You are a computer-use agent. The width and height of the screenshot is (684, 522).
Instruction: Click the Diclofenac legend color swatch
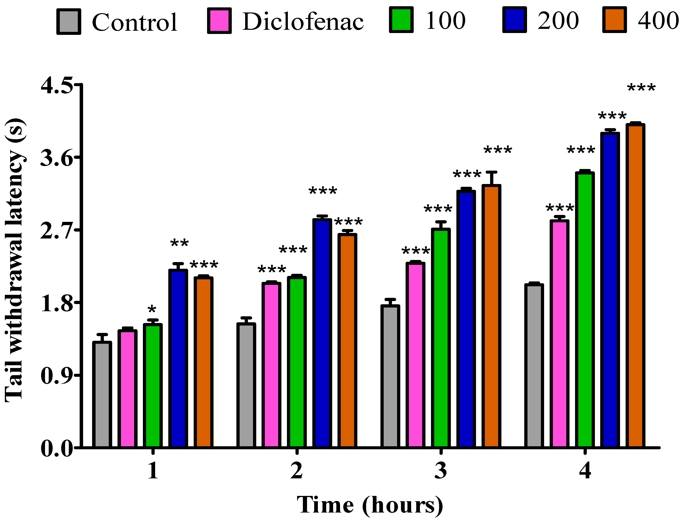pyautogui.click(x=219, y=21)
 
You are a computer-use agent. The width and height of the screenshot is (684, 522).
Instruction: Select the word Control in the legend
pyautogui.click(x=135, y=22)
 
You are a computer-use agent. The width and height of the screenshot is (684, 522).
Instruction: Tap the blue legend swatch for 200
pyautogui.click(x=514, y=20)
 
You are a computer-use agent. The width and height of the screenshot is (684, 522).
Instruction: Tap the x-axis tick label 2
pyautogui.click(x=297, y=471)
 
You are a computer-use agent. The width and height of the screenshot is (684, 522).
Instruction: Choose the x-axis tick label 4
pyautogui.click(x=585, y=471)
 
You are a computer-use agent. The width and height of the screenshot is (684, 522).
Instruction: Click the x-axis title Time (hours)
pyautogui.click(x=370, y=505)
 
